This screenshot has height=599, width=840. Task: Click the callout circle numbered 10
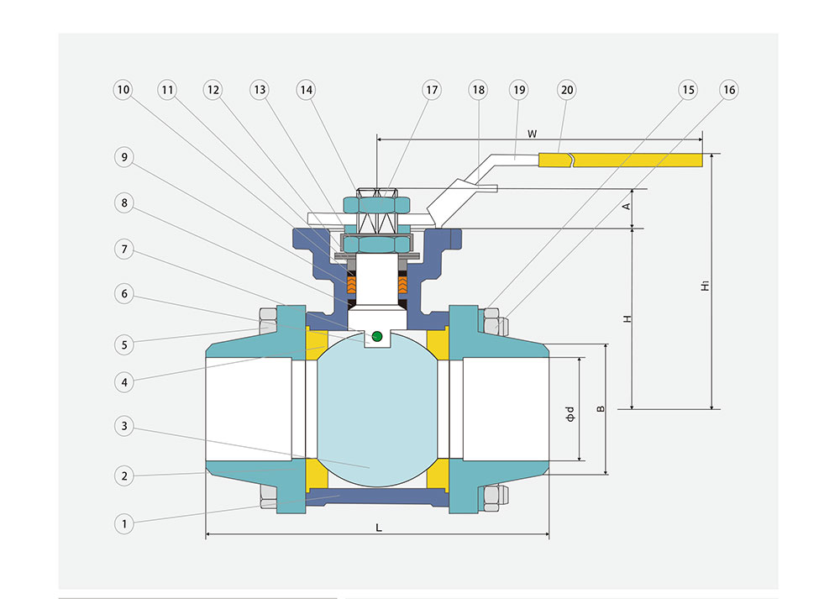(x=123, y=89)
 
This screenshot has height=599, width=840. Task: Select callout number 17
(x=432, y=89)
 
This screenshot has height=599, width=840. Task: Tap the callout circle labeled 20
(x=566, y=89)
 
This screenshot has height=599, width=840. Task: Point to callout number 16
(x=727, y=89)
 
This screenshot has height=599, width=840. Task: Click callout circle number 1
(x=123, y=523)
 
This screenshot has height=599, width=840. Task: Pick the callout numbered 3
(x=123, y=426)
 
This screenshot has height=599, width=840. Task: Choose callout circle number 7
(x=123, y=249)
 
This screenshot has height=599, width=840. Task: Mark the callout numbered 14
(x=305, y=89)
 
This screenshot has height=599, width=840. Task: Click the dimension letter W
(x=532, y=133)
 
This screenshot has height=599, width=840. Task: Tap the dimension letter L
(x=379, y=527)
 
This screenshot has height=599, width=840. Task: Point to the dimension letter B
(x=600, y=409)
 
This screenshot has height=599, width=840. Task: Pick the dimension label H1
(x=704, y=286)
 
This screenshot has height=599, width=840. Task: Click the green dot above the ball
(x=376, y=337)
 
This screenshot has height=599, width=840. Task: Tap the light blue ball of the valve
(x=374, y=412)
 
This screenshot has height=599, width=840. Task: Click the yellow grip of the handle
(x=638, y=160)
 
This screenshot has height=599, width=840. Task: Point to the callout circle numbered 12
(x=213, y=89)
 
